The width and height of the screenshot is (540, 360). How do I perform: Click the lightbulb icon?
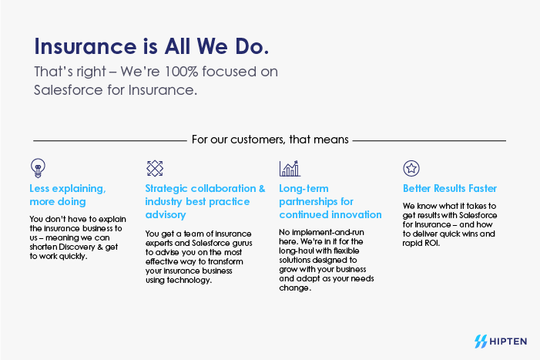click(x=38, y=168)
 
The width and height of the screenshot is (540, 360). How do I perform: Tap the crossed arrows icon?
click(x=155, y=168)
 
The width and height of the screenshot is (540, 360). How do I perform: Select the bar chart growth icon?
click(x=290, y=169)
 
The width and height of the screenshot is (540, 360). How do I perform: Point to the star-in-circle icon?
click(x=411, y=168)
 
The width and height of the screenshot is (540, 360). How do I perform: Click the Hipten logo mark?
click(x=481, y=341)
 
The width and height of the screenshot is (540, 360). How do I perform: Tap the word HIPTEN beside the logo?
click(x=508, y=341)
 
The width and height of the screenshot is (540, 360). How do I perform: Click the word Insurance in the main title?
click(x=86, y=46)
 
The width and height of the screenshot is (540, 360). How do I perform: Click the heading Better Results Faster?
click(x=450, y=188)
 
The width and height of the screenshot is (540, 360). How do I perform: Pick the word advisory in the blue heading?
click(x=166, y=215)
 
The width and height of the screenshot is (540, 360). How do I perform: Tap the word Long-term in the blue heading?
click(x=304, y=189)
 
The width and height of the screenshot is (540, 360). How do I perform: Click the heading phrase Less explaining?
click(x=68, y=189)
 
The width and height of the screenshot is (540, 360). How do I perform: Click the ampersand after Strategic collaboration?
click(x=262, y=188)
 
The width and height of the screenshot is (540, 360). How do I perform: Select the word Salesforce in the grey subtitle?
click(x=69, y=90)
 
